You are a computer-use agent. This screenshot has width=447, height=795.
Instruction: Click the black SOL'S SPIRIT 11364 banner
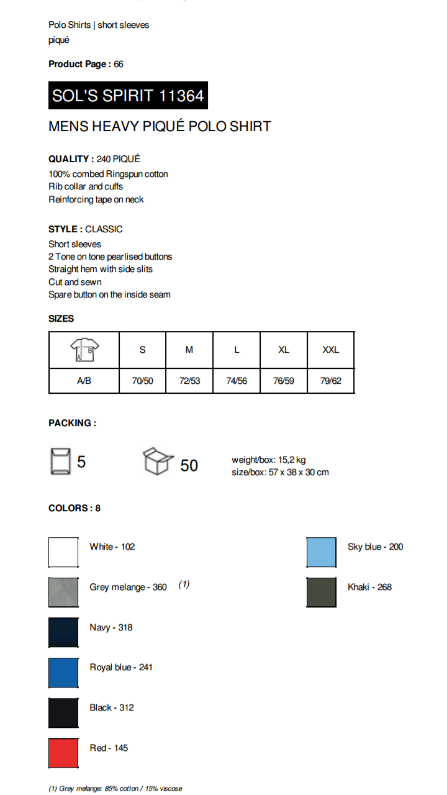pos(128,96)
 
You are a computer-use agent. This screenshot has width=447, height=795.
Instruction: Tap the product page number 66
pos(119,64)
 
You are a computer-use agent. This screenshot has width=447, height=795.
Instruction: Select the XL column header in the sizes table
pos(284,350)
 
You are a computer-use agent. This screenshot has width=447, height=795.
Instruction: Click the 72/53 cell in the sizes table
pos(189,381)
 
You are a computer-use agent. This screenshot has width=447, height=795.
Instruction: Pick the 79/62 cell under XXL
pos(331,381)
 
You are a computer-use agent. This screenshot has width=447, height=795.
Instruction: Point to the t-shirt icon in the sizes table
pos(84,350)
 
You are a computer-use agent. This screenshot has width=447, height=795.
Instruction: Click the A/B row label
pos(84,381)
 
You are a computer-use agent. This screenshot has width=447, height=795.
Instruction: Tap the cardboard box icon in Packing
pos(158,462)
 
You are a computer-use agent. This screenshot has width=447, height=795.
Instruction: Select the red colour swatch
pos(64,753)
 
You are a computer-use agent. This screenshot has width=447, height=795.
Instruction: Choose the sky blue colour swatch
pos(322,552)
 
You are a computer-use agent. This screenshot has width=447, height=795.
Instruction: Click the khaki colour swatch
pos(322,592)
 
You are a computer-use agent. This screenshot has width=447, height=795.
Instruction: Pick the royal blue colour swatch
pos(64,673)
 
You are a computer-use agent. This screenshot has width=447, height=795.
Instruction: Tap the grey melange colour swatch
pos(64,592)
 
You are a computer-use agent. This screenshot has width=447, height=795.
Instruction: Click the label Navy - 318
pos(111,627)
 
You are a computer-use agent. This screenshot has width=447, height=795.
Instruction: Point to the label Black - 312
pos(112,707)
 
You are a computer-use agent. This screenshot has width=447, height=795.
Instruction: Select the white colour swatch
pos(64,552)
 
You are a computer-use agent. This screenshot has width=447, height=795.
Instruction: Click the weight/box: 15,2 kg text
pos(269,460)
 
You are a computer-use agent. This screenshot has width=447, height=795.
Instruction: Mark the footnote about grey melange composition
pos(115,789)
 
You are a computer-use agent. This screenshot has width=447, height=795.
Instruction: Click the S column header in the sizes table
pos(143,350)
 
